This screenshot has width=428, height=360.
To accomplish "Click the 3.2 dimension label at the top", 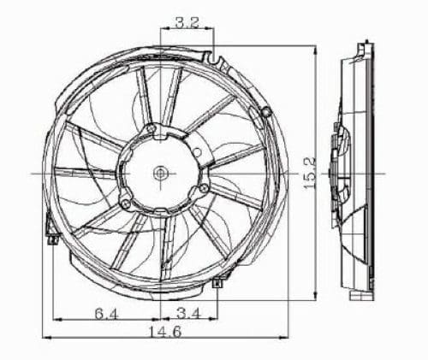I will [187, 24].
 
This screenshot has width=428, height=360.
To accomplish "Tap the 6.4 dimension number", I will [107, 315].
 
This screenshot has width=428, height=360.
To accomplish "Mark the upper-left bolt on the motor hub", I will [151, 130].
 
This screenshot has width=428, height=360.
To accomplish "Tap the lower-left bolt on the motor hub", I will [125, 204].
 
